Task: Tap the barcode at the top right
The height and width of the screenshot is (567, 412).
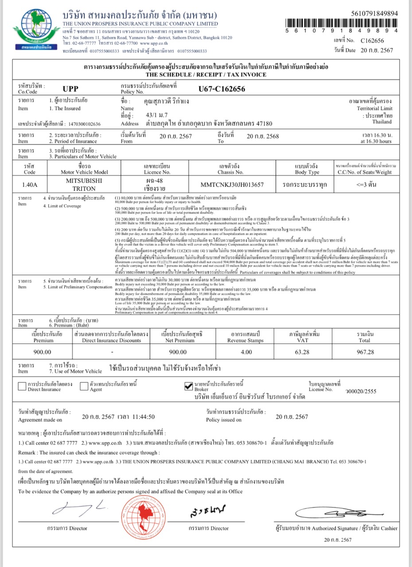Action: (341, 22)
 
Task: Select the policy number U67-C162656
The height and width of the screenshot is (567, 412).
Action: (222, 89)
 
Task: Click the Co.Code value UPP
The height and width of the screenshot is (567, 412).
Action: (70, 89)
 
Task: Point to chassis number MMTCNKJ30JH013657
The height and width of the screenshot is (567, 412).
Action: (232, 184)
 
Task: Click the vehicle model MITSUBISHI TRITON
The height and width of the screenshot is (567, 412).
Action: (84, 184)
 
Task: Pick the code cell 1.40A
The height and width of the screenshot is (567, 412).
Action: (29, 184)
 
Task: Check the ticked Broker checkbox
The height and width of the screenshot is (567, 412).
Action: (188, 386)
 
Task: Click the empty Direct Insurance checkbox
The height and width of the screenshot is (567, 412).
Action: (22, 386)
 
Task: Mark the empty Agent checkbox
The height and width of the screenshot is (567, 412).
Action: (84, 386)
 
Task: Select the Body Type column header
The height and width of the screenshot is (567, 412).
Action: (307, 169)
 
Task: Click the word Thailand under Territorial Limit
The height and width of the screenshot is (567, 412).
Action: (381, 121)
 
